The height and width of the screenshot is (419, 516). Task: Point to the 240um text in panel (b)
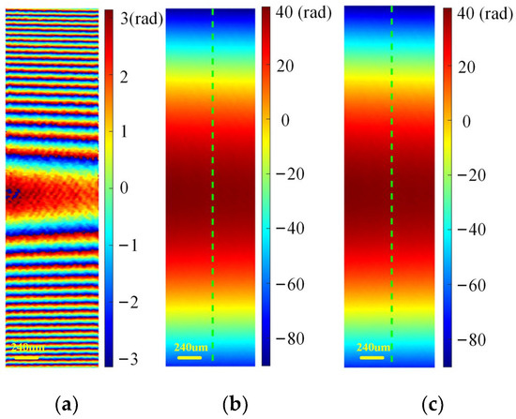point(190,347)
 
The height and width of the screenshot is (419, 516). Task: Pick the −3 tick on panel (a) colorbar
point(131,359)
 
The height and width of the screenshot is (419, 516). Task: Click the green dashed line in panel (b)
point(213,187)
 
